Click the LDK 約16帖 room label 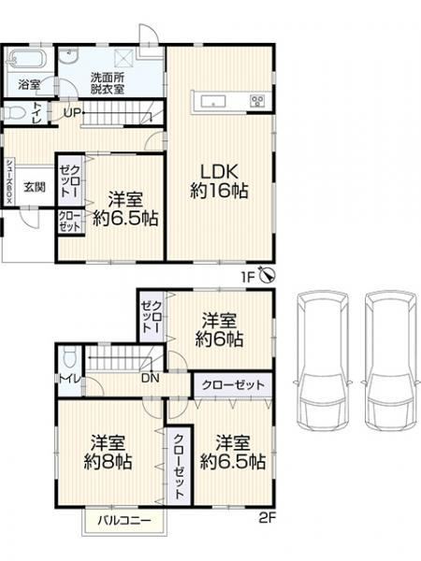[219, 180]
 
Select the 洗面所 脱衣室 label [108, 83]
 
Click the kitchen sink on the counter [213, 102]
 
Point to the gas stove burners [257, 101]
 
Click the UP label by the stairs [73, 113]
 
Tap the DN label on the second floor [151, 378]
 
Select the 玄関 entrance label [35, 186]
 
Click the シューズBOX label [8, 181]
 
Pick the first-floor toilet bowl [15, 113]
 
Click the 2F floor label [267, 518]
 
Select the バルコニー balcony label [124, 520]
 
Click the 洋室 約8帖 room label [108, 452]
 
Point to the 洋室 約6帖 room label [219, 329]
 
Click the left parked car [321, 362]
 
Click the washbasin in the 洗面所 [68, 56]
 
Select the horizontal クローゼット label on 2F [233, 385]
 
